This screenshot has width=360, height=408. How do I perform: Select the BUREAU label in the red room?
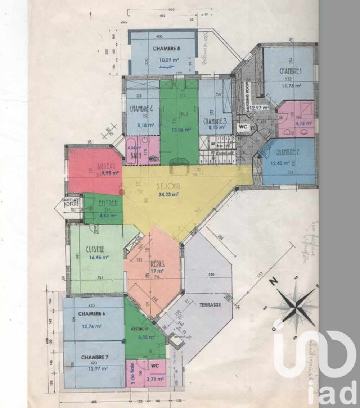tap(106, 167)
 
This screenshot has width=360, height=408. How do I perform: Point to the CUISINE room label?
tap(95, 249)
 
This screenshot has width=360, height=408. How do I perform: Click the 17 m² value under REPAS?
tap(157, 271)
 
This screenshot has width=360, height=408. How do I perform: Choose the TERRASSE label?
tap(210, 305)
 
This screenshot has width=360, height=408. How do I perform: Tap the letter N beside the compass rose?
tap(274, 282)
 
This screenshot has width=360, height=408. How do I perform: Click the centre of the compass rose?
tap(296, 307)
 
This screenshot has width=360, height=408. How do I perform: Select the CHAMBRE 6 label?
tap(91, 313)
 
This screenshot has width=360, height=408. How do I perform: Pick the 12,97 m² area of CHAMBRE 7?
tap(95, 368)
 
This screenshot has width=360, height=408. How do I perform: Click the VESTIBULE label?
tap(140, 329)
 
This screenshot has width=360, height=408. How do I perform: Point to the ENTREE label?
tap(108, 203)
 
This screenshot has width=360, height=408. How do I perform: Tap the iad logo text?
tap(332, 393)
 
